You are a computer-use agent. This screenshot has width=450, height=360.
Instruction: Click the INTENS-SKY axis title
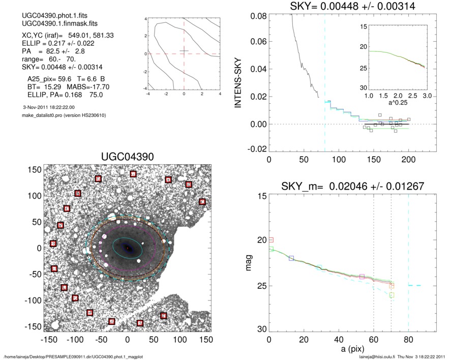[236, 81]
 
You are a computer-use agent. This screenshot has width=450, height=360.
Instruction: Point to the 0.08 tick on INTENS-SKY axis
[259, 16]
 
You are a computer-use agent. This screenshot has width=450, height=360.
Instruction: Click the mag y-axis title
[249, 263]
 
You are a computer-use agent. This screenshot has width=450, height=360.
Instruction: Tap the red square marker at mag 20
[271, 239]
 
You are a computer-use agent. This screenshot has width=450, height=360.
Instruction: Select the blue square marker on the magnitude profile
[291, 258]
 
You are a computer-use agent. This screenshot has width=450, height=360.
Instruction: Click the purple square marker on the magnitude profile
[362, 277]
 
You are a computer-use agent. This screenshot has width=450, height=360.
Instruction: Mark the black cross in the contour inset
[184, 51]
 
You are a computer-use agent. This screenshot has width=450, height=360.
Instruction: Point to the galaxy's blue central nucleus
[127, 248]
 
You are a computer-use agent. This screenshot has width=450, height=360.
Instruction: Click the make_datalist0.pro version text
[61, 115]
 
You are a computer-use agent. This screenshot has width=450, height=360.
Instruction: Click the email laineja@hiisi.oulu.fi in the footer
[380, 357]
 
